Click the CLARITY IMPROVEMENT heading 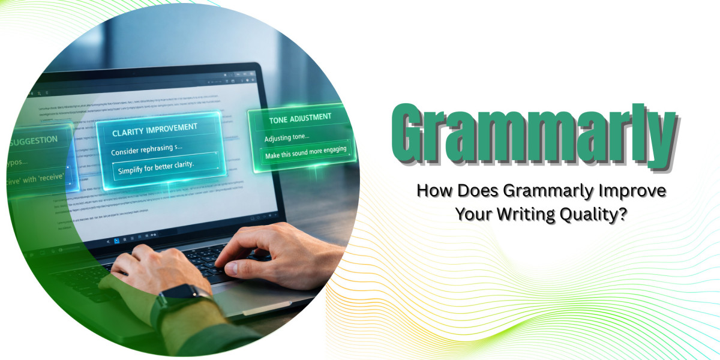pos(155,128)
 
